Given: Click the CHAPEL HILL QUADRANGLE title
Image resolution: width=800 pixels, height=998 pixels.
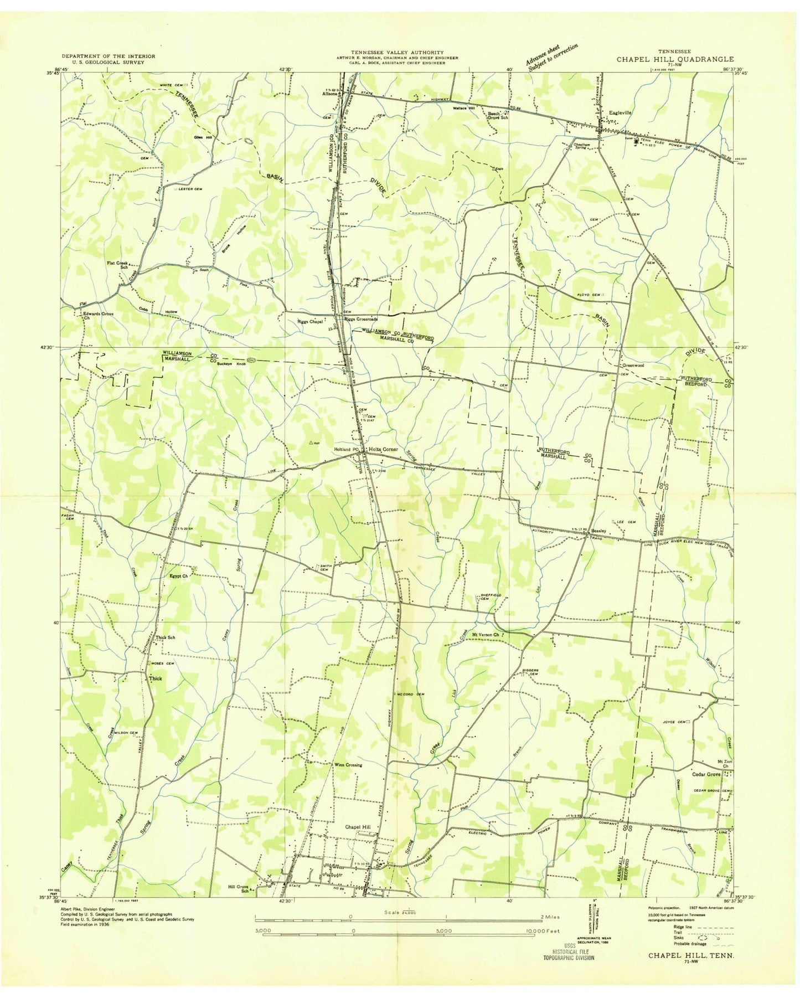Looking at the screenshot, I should tap(675, 59).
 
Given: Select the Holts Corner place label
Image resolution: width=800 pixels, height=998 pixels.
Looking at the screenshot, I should tap(382, 449).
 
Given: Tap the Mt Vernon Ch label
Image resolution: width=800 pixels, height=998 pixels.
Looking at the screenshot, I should tap(485, 635).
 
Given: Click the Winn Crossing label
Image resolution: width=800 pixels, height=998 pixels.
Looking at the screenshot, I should tap(348, 765).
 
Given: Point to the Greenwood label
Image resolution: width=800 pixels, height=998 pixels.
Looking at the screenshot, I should tap(634, 366).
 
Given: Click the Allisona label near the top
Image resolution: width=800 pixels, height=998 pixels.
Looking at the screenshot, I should tap(330, 94).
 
